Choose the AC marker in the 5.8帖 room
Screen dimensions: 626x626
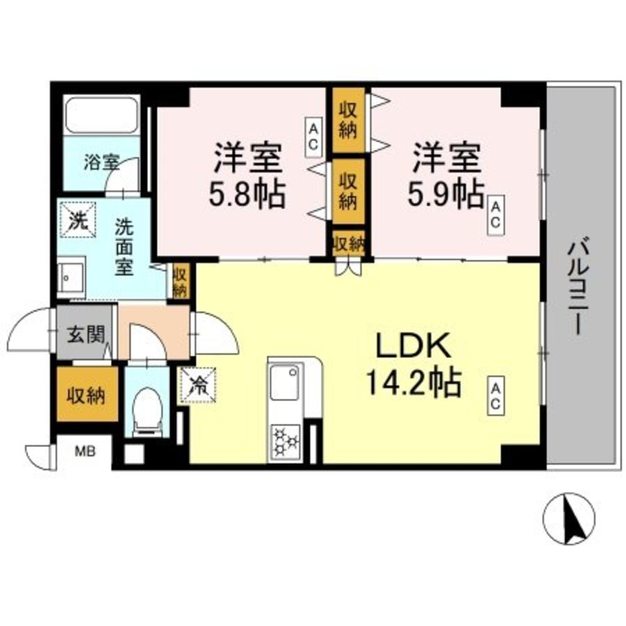point(313,136)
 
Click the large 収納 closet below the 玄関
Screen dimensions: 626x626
point(87,394)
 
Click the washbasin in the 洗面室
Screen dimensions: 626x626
point(71,276)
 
